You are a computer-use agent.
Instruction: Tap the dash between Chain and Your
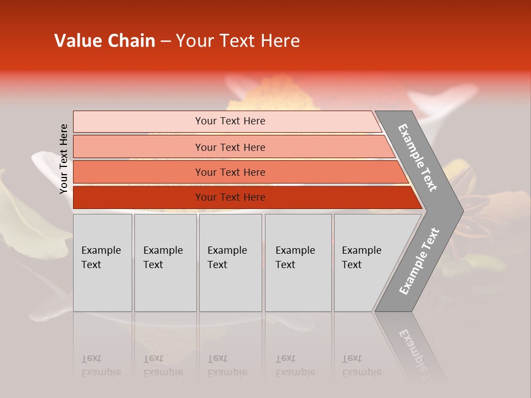pos(165,41)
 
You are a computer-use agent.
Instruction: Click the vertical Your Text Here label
pos(64,159)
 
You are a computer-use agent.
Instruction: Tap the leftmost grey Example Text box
pos(102,263)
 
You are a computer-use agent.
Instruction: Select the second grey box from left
pos(165,263)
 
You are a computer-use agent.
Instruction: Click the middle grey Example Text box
pos(230,263)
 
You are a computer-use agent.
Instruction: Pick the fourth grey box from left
pos(298,263)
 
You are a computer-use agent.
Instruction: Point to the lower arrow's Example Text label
pos(419,261)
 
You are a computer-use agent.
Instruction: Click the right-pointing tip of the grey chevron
pos(460,210)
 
